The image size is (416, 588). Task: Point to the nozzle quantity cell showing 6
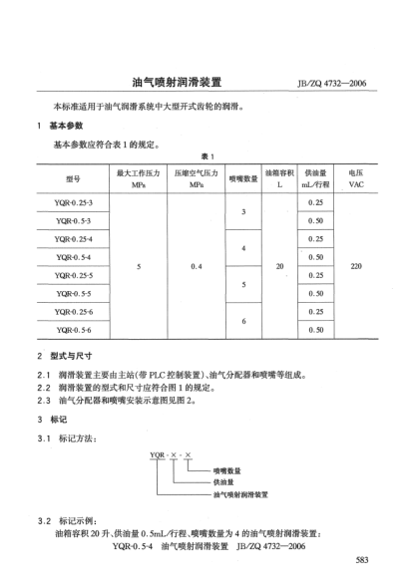(243, 319)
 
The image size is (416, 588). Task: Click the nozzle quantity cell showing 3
(243, 211)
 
